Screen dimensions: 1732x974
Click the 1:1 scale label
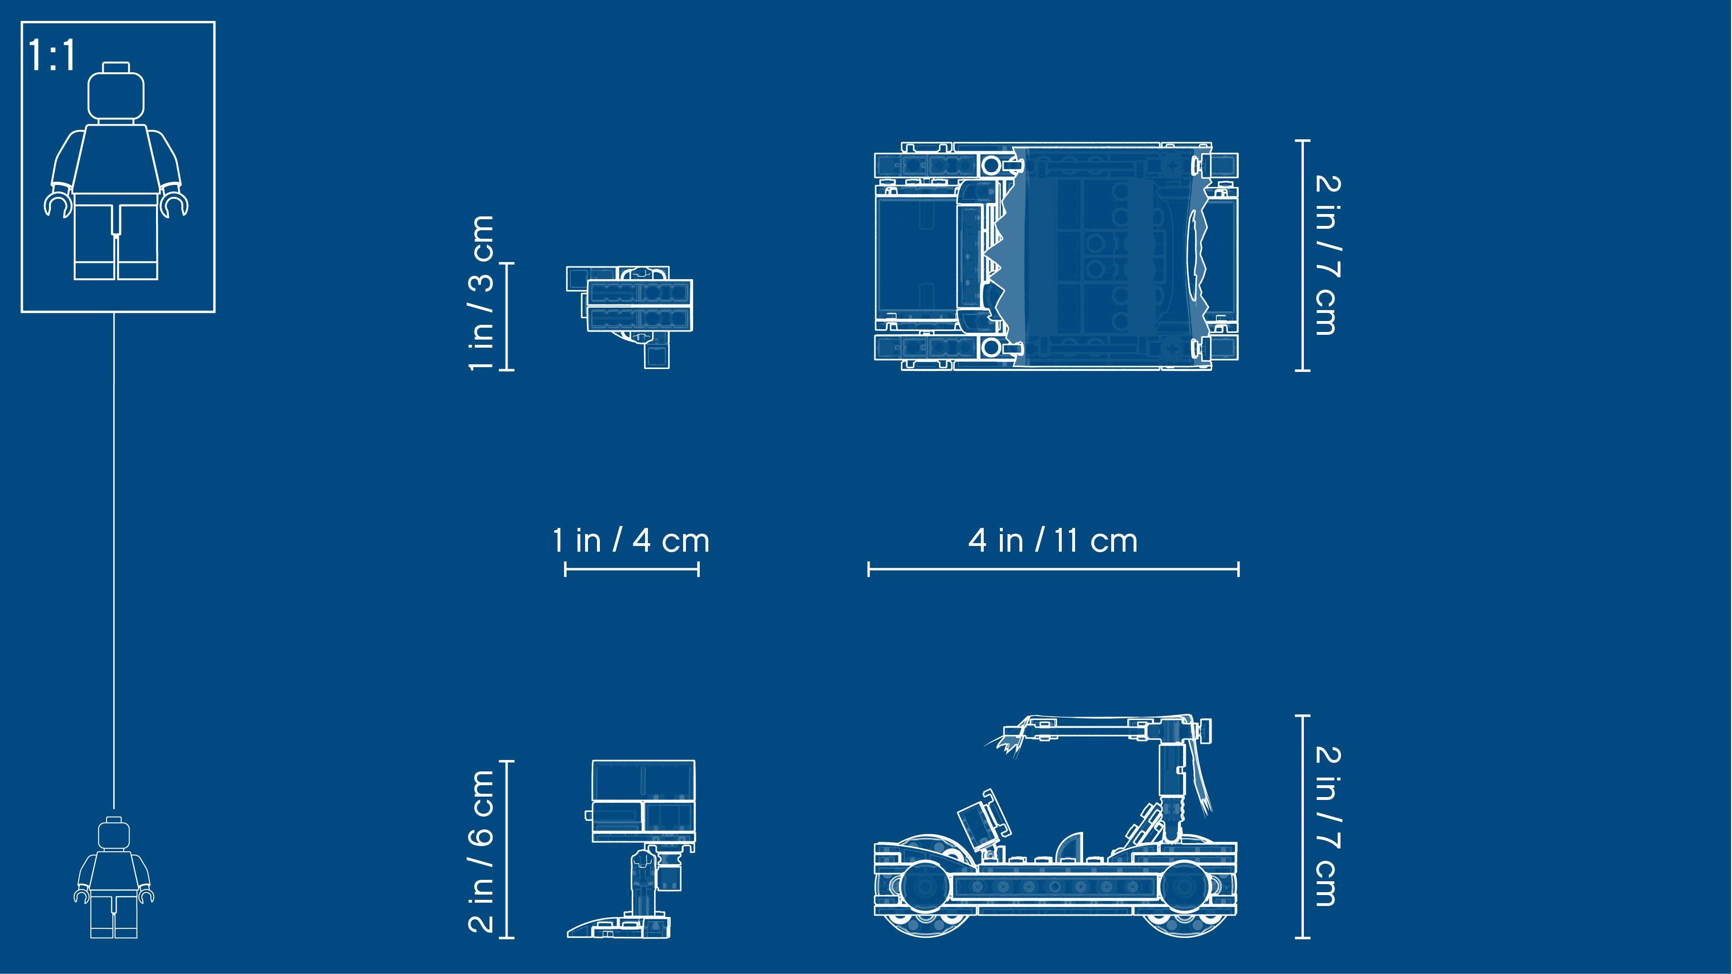tap(52, 56)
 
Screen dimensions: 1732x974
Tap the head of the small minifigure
tap(114, 832)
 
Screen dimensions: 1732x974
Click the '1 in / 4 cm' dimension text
tap(631, 540)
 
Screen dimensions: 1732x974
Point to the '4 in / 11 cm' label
tap(1053, 540)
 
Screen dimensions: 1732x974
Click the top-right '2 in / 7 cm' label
tap(1327, 255)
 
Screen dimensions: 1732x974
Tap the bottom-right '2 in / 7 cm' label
tap(1327, 826)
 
